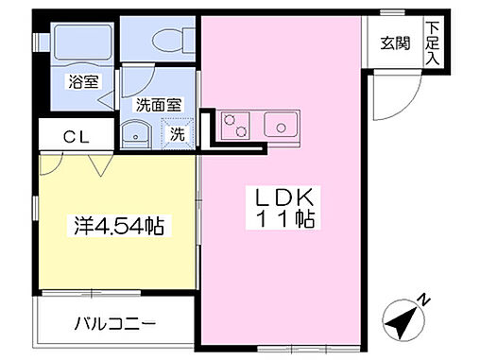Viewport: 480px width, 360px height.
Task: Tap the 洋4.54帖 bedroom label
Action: point(119,226)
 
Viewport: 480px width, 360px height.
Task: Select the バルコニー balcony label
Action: point(115,324)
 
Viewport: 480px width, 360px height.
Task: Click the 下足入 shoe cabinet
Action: point(434,43)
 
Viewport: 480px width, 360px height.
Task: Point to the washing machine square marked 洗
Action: point(177,134)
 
